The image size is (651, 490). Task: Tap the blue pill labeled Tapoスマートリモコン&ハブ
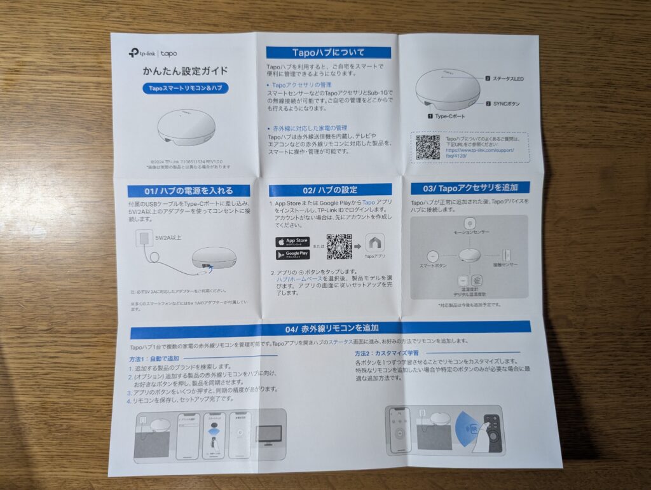(185, 89)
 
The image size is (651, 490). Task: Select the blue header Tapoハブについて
(328, 53)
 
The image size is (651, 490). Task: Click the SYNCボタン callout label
(507, 103)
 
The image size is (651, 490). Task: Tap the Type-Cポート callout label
(449, 117)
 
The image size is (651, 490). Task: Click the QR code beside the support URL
(427, 147)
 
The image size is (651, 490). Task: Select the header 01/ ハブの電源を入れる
(188, 191)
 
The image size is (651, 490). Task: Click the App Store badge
(292, 242)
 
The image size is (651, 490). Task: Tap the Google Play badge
(292, 255)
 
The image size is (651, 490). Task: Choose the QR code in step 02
(339, 247)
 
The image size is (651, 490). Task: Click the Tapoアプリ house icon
(374, 243)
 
